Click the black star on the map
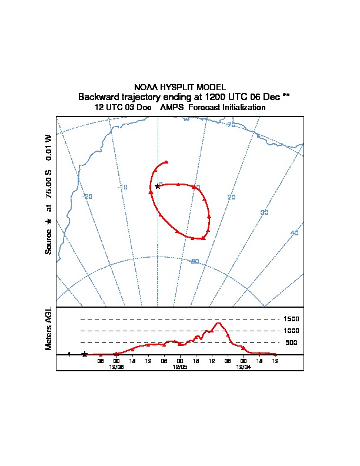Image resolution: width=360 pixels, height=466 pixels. (157, 187)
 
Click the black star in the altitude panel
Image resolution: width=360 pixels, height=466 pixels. (85, 354)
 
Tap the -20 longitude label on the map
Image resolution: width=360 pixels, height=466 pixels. (88, 197)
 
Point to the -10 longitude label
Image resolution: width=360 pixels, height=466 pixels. (124, 187)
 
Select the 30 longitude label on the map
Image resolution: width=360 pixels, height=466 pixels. (264, 212)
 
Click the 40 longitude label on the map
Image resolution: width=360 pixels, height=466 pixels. (295, 234)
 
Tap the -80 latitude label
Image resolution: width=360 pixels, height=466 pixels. (195, 261)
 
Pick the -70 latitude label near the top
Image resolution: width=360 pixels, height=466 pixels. (232, 125)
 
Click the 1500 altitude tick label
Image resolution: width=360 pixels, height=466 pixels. (291, 319)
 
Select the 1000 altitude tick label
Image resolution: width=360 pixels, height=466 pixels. (291, 331)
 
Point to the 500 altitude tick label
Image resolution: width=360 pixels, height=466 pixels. (291, 342)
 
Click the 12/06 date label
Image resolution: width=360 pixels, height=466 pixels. (116, 366)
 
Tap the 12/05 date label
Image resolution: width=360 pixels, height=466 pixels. (180, 366)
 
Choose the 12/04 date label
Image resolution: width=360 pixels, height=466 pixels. (243, 366)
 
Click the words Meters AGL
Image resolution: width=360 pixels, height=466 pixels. (49, 328)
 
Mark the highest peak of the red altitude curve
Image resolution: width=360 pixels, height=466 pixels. (219, 322)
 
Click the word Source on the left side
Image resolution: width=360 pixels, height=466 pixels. (49, 242)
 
